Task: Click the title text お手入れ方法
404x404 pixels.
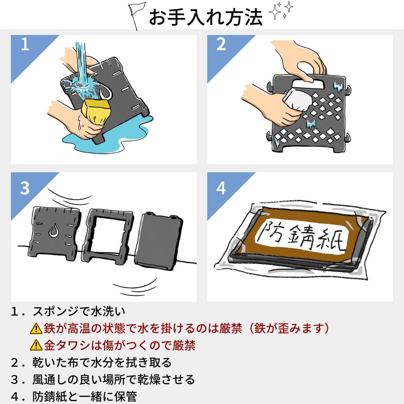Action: pos(206,18)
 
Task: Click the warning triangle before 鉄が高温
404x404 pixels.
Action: pos(35,329)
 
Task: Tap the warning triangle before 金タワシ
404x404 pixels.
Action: pos(35,346)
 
